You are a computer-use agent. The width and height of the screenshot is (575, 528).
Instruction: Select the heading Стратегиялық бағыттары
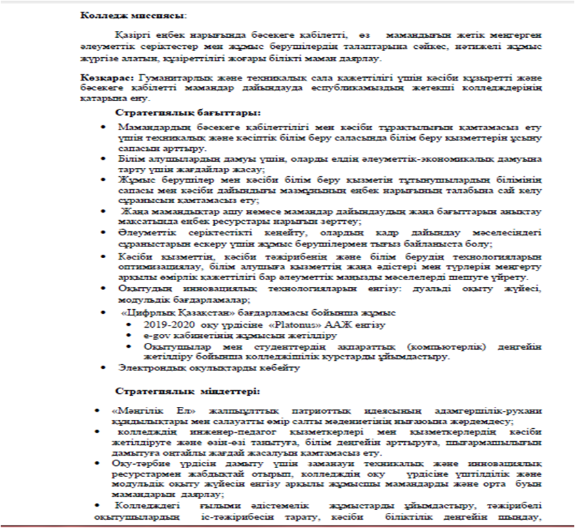click(188, 112)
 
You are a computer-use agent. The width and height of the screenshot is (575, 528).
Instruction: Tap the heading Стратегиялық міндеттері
click(187, 391)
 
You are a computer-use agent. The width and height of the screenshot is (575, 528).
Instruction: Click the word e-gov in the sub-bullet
click(156, 336)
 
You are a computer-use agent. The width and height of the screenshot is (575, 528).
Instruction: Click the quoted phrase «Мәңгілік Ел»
click(138, 410)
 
